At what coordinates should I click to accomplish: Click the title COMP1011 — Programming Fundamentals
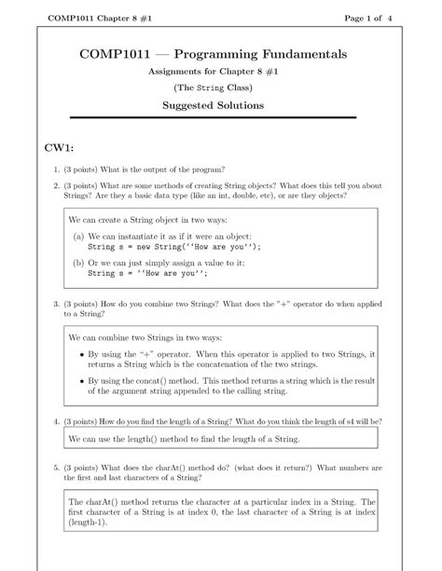click(220, 55)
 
